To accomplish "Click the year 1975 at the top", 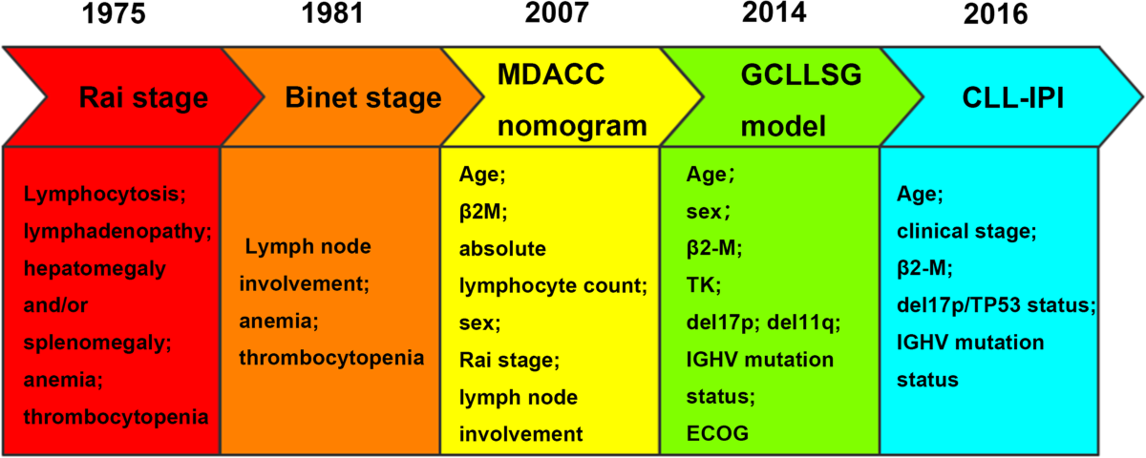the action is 114,13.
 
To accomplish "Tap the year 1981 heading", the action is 332,13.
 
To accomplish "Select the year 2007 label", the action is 557,12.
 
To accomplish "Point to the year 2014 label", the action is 775,12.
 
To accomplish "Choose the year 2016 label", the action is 995,13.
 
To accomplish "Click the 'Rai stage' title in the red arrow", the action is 144,97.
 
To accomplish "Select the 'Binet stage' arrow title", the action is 363,97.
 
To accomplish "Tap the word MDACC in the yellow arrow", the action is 551,74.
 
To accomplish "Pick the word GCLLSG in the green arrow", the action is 801,74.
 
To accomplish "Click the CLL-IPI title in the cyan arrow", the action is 1013,97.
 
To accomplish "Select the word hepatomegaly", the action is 95,269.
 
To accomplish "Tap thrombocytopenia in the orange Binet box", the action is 331,358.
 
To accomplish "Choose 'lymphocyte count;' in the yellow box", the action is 553,286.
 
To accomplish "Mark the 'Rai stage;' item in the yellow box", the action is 509,361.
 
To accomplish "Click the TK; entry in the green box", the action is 704,285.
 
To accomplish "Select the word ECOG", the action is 717,433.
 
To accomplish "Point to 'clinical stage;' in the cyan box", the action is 966,232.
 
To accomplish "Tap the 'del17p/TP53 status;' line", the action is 996,305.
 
